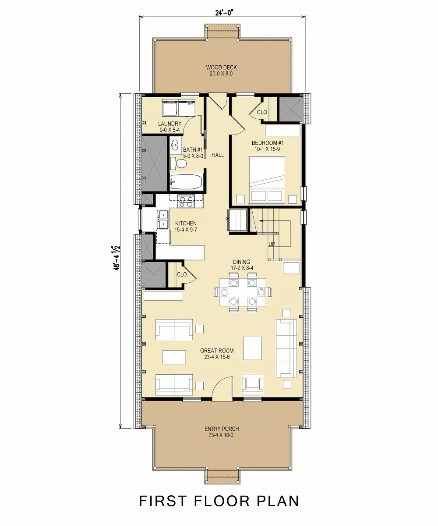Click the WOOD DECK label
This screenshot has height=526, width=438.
[221, 71]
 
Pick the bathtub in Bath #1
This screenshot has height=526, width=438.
[186, 181]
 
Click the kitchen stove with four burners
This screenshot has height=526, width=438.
[186, 202]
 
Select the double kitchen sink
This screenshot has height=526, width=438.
[163, 219]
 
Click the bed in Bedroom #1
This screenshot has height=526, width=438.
[267, 180]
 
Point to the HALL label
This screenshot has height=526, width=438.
[218, 155]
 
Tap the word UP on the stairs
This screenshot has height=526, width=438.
[272, 244]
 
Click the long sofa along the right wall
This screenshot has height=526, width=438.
[286, 348]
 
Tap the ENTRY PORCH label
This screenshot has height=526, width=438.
[222, 432]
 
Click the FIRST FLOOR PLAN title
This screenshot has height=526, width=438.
[219, 501]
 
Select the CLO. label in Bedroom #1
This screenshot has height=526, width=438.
[262, 112]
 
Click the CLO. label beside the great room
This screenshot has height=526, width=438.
[182, 274]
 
